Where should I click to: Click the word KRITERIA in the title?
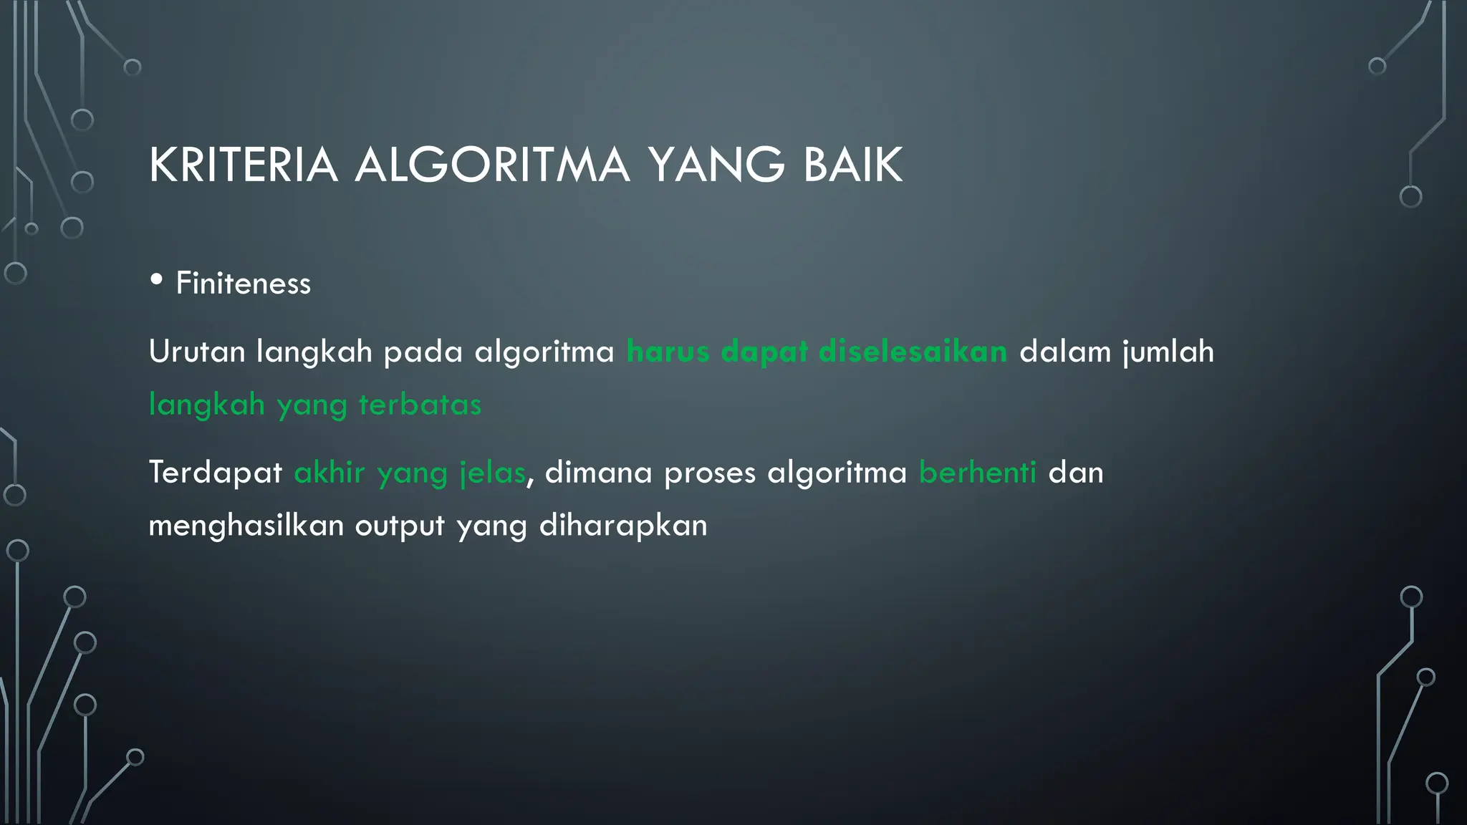click(243, 165)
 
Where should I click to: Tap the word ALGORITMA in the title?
click(492, 165)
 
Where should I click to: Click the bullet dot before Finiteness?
click(157, 280)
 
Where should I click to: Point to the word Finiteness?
click(244, 284)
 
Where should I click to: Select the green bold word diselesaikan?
click(913, 352)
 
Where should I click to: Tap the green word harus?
click(668, 352)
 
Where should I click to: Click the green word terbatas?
click(420, 405)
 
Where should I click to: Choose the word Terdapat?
click(215, 473)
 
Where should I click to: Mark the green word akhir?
click(330, 473)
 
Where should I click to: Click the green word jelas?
click(493, 473)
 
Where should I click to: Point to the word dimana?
click(598, 473)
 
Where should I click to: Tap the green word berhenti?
click(977, 473)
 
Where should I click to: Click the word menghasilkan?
click(246, 526)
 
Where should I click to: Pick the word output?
click(400, 526)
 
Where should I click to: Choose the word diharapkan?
click(622, 526)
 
